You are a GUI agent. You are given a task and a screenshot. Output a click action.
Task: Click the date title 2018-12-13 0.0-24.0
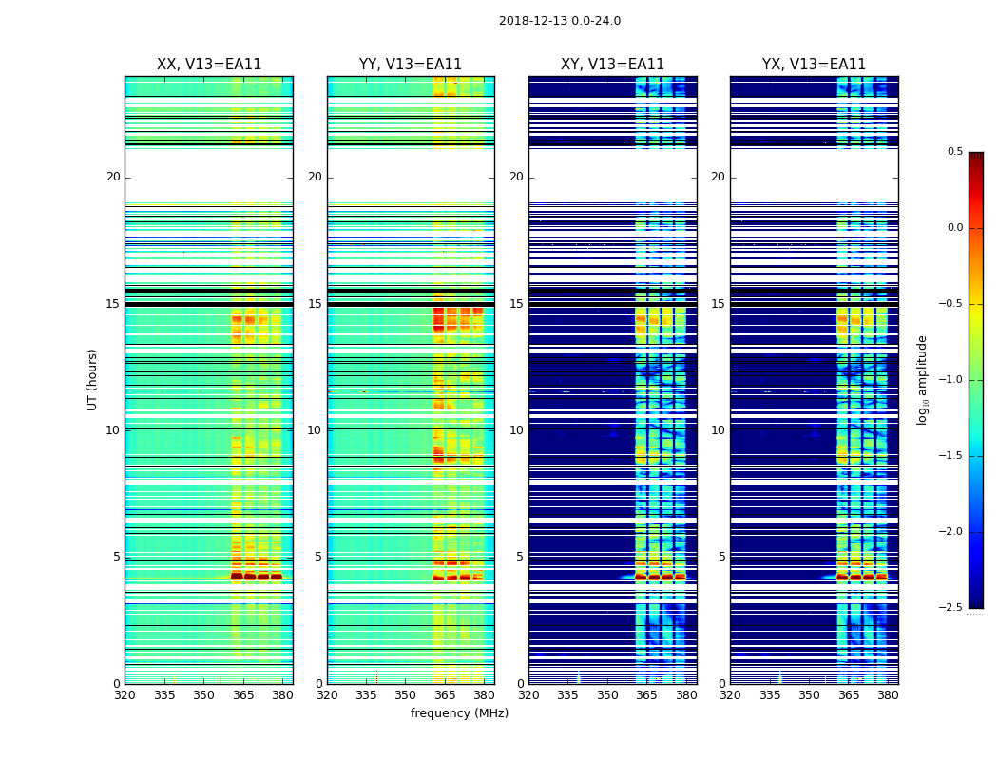[559, 21]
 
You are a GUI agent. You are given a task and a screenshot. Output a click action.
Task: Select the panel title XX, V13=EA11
[209, 65]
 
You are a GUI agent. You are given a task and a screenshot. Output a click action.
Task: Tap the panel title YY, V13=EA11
[411, 65]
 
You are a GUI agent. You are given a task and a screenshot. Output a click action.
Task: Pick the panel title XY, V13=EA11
[612, 65]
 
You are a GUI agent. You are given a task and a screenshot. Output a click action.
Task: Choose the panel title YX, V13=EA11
[814, 65]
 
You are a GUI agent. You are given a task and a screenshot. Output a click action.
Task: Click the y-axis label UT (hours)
[93, 379]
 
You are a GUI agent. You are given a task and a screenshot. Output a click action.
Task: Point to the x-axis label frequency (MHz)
[459, 713]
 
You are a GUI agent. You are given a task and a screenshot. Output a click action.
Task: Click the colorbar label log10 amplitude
[922, 379]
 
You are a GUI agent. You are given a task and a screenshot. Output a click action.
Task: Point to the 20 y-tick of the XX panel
[113, 177]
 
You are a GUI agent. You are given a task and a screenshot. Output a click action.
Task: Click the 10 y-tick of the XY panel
[516, 430]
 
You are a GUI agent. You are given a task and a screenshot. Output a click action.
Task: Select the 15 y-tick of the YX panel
[718, 304]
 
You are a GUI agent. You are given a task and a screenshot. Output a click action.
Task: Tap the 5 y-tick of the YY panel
[318, 557]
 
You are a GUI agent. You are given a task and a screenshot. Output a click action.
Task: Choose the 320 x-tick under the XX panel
[125, 695]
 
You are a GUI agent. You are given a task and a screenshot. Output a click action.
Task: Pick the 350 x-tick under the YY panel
[406, 695]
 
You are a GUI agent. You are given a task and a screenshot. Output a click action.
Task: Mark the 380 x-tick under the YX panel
[888, 695]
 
